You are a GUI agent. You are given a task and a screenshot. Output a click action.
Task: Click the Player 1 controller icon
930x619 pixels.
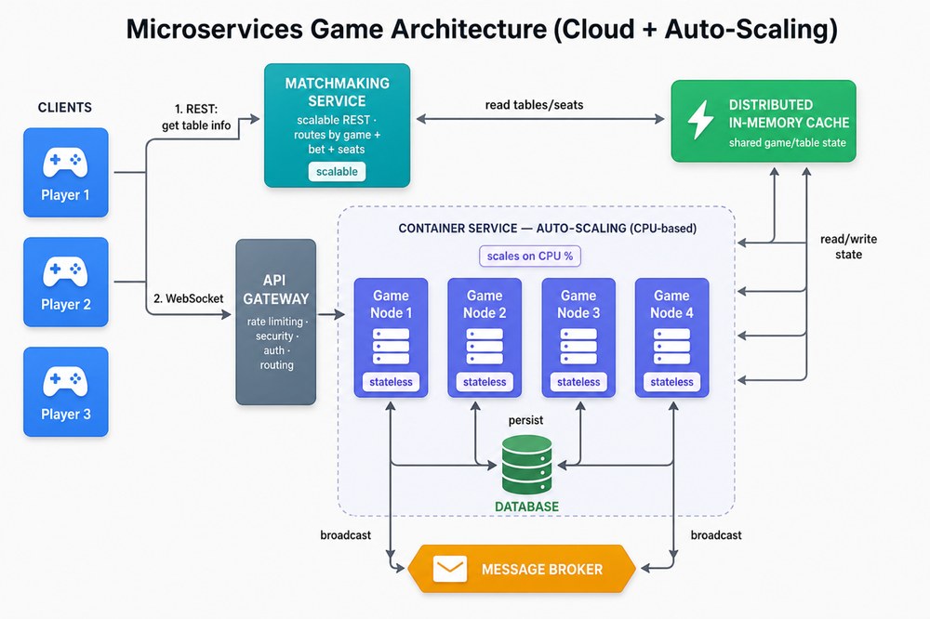tap(65, 163)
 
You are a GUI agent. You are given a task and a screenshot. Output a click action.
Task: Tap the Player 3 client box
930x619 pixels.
tap(66, 392)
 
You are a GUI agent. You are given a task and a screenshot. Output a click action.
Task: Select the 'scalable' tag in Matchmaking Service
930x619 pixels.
tap(337, 171)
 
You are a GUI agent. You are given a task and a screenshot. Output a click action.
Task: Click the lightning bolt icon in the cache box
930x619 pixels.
tap(700, 120)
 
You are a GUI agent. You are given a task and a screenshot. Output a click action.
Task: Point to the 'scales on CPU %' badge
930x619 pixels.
tap(530, 257)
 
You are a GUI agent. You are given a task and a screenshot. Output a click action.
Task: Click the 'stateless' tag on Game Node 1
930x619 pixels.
tap(391, 382)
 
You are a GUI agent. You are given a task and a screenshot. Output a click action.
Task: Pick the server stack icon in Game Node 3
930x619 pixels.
tap(578, 347)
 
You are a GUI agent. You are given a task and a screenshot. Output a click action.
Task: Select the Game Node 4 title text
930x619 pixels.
tap(671, 304)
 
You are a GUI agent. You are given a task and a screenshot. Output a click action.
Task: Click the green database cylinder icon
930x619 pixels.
tap(526, 465)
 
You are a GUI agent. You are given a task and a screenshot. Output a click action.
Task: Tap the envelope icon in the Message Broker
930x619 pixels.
tap(449, 569)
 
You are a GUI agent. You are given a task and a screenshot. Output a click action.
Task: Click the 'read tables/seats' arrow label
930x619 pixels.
tap(534, 105)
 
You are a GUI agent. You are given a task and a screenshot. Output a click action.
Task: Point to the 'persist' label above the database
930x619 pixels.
tap(525, 420)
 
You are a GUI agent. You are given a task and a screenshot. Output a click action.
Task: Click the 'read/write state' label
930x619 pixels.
tap(848, 246)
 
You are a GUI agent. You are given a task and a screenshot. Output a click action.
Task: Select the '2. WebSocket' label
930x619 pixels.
tap(188, 299)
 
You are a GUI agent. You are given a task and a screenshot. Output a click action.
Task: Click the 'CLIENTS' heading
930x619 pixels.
tap(65, 107)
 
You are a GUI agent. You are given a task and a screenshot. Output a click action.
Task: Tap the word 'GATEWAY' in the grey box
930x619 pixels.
tap(276, 299)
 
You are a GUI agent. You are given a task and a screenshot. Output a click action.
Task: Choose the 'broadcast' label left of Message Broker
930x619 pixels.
tap(345, 535)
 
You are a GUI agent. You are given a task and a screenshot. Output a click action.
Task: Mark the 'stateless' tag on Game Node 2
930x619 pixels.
tap(485, 382)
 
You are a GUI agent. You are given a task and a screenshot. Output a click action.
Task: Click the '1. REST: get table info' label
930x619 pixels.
tap(196, 117)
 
